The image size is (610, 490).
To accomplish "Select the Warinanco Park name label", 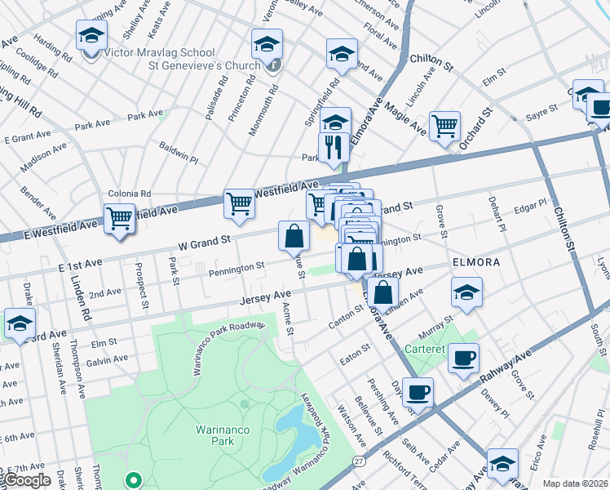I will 215,434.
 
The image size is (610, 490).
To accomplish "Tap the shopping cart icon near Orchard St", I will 444,126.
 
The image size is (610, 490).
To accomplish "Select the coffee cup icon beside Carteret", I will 463,358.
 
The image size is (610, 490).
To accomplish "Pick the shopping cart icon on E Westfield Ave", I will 120,218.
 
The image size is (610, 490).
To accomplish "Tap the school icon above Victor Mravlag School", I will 92,36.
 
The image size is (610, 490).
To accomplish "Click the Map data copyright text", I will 575,483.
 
